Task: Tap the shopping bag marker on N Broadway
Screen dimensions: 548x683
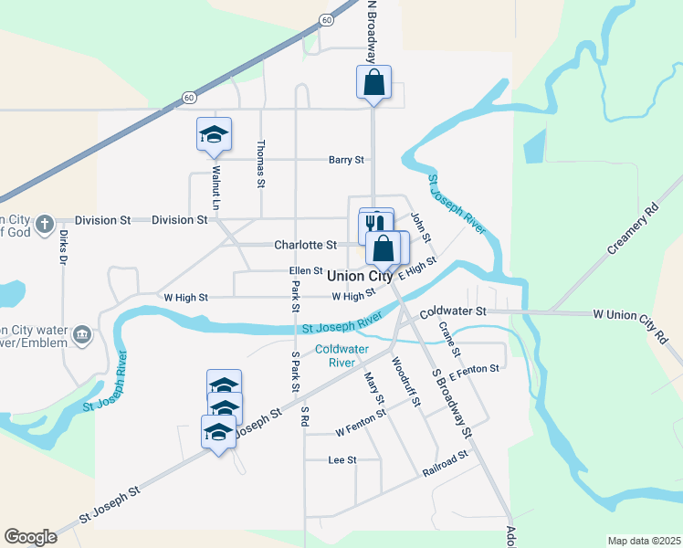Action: click(373, 82)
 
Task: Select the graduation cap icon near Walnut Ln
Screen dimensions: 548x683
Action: click(214, 134)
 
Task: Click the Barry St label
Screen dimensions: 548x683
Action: click(346, 160)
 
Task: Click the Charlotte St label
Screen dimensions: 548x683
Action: click(306, 245)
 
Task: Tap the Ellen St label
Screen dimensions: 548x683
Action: click(306, 270)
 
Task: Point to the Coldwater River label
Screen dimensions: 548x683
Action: click(335, 355)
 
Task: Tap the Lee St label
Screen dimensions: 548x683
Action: click(341, 460)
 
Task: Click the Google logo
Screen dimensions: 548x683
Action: click(31, 536)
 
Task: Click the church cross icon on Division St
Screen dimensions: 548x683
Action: click(53, 221)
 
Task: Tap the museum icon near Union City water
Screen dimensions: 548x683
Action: click(83, 335)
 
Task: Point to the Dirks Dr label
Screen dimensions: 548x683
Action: click(64, 248)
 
